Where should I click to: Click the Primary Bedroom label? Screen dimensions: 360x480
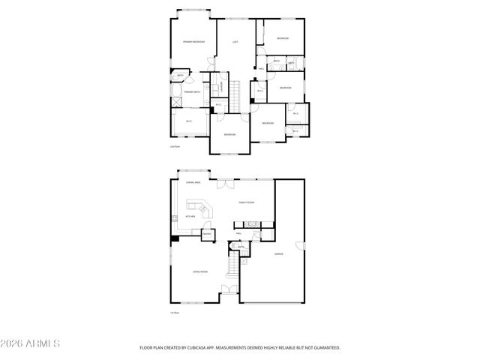tap(193, 42)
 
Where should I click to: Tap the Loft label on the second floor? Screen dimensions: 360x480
tap(235, 42)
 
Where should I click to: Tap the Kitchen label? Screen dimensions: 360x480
tap(190, 216)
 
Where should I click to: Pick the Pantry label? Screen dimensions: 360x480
tap(207, 234)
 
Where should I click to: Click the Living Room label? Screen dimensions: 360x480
tap(199, 271)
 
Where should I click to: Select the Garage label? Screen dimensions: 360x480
tap(278, 254)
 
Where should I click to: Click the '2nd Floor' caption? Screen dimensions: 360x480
tap(175, 147)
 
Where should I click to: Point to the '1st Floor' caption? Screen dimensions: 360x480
tap(175, 313)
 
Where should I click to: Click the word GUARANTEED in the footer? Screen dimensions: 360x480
tap(323, 348)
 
